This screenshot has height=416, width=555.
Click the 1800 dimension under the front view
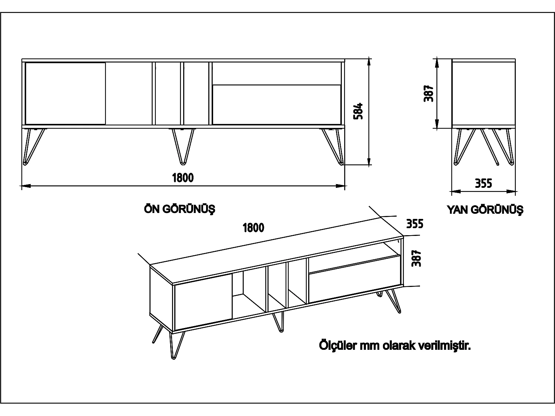coord(183,178)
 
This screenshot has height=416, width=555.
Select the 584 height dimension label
coord(358,111)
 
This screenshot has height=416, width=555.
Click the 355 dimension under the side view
coord(483,183)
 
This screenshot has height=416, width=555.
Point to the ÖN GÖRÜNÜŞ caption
coord(179,209)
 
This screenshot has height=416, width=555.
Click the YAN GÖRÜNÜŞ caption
coord(485,210)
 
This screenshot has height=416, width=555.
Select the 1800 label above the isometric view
coord(253,227)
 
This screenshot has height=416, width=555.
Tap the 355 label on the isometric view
coord(415,224)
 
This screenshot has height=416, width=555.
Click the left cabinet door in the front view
coord(65,93)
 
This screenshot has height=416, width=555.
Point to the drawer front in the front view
coord(276,105)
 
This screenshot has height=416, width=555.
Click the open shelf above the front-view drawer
coord(276,73)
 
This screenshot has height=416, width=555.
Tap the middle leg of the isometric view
coord(279,322)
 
